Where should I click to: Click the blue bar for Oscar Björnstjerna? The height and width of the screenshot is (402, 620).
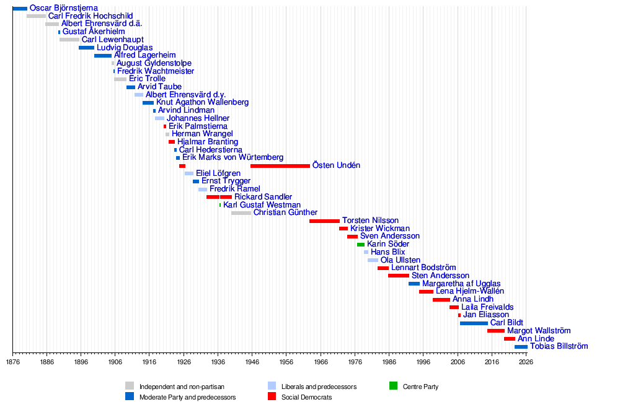20,8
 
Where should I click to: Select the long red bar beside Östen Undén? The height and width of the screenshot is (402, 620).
280,166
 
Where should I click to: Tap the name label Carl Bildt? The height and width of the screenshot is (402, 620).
507,323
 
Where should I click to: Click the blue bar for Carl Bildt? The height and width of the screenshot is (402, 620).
474,323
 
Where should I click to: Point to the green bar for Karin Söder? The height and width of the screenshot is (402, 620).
361,245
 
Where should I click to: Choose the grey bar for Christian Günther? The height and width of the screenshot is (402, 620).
241,213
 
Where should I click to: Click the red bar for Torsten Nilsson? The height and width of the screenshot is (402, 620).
324,221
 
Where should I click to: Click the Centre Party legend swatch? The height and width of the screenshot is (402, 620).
393,386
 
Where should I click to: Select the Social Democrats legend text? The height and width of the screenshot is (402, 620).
306,397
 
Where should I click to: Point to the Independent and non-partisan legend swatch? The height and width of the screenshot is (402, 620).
130,386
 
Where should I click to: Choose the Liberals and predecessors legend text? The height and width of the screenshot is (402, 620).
319,387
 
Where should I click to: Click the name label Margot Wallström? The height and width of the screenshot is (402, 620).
539,331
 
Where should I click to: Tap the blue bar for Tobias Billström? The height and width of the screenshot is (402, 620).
521,347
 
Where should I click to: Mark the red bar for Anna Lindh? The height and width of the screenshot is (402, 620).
441,300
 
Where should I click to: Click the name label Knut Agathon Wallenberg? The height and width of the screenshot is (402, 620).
202,102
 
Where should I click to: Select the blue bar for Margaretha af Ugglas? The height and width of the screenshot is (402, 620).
414,284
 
